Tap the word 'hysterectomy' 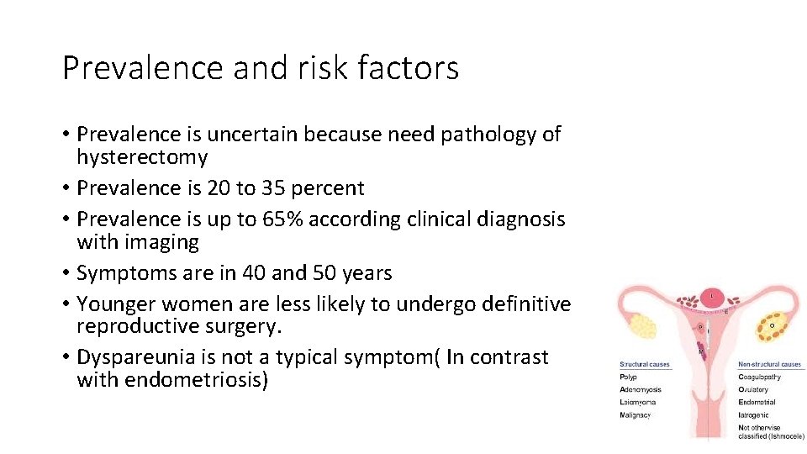point(142,157)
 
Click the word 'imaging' point(161,243)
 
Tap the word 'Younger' point(116,304)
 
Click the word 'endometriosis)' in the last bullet point(197,380)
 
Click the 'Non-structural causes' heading point(770,365)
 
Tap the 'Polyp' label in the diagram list point(628,377)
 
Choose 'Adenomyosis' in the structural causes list point(641,389)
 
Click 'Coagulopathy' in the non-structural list point(759,377)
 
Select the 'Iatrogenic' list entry point(754,414)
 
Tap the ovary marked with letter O point(773,324)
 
